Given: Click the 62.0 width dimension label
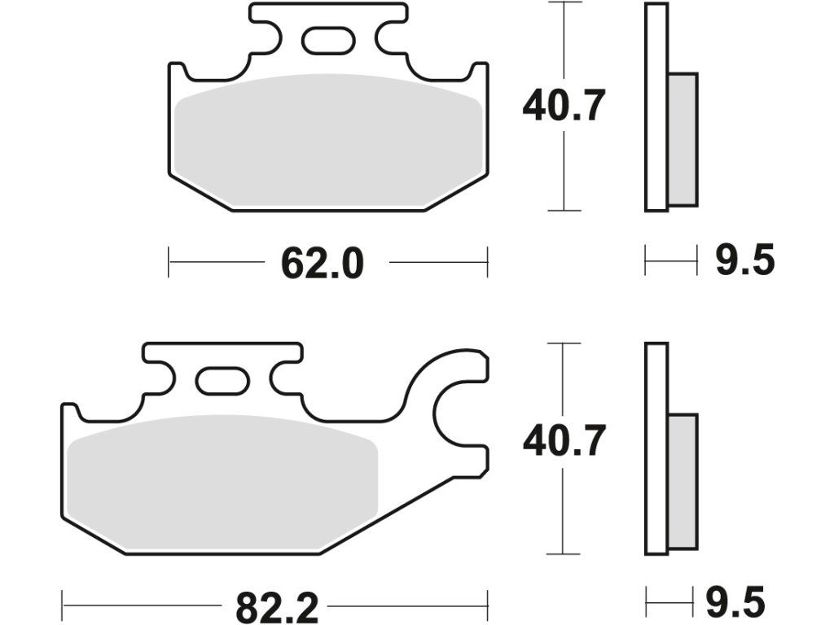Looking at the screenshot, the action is (x=323, y=264).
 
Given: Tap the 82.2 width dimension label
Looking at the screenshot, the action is (x=277, y=607).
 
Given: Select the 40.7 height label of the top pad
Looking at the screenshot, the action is (x=564, y=106).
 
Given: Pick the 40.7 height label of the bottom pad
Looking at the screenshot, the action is (x=564, y=440).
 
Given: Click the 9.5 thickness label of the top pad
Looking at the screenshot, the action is (x=744, y=260).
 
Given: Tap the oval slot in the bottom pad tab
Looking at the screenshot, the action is (x=222, y=381).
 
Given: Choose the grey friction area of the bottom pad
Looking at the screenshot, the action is (x=222, y=482).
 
